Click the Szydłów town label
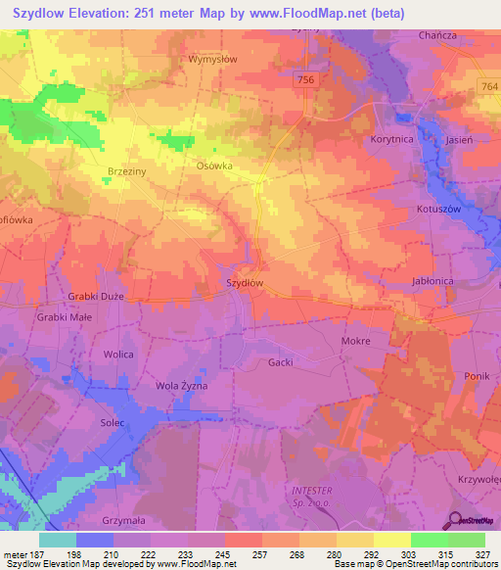click(x=245, y=282)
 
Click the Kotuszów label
click(x=437, y=210)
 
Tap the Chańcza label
click(x=437, y=36)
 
